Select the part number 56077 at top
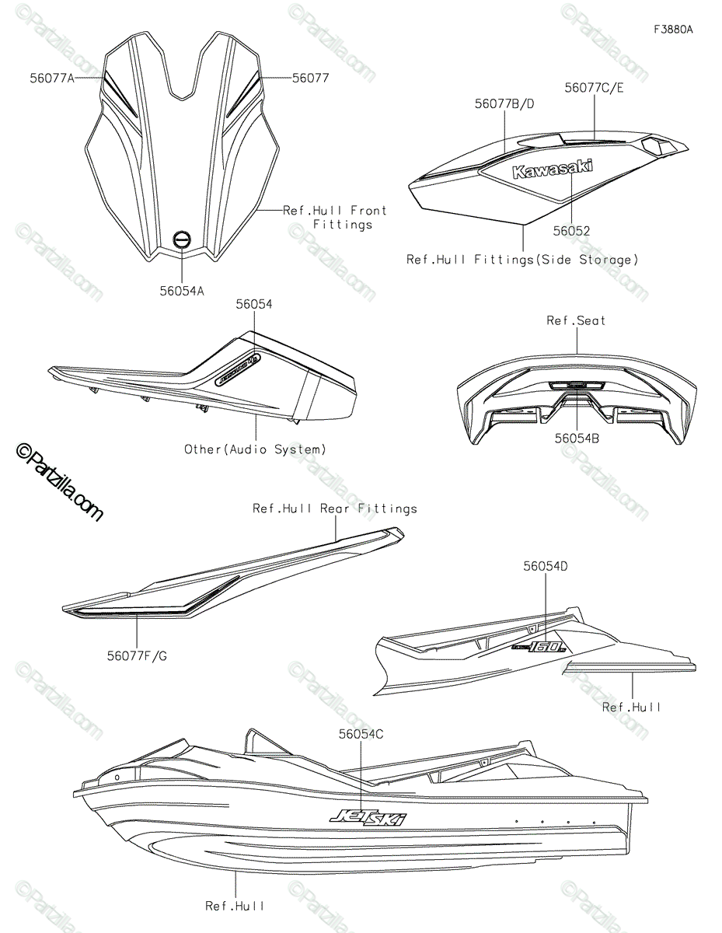coord(311,79)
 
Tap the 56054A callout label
coord(182,290)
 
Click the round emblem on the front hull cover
coord(181,240)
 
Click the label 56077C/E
coord(595,88)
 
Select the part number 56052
coord(571,231)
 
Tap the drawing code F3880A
coord(672,30)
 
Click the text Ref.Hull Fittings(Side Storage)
coord(522,260)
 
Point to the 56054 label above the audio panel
coord(254,305)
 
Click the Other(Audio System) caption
coord(255,449)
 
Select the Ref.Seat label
coord(577,320)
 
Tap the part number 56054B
coord(576,439)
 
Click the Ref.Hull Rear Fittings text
coord(335,508)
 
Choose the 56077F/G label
coord(137,655)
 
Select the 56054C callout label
coord(361,733)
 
